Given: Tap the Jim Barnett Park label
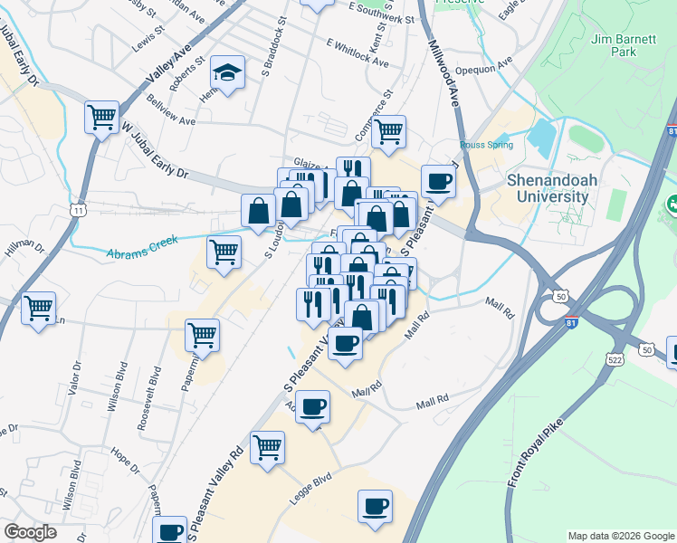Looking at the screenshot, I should (624, 45).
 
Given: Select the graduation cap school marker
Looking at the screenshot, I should (228, 73).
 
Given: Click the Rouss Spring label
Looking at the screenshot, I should (486, 145).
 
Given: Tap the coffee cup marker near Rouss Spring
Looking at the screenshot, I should (438, 181).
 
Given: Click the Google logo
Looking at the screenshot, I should (30, 532).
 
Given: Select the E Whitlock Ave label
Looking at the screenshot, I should (358, 52).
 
